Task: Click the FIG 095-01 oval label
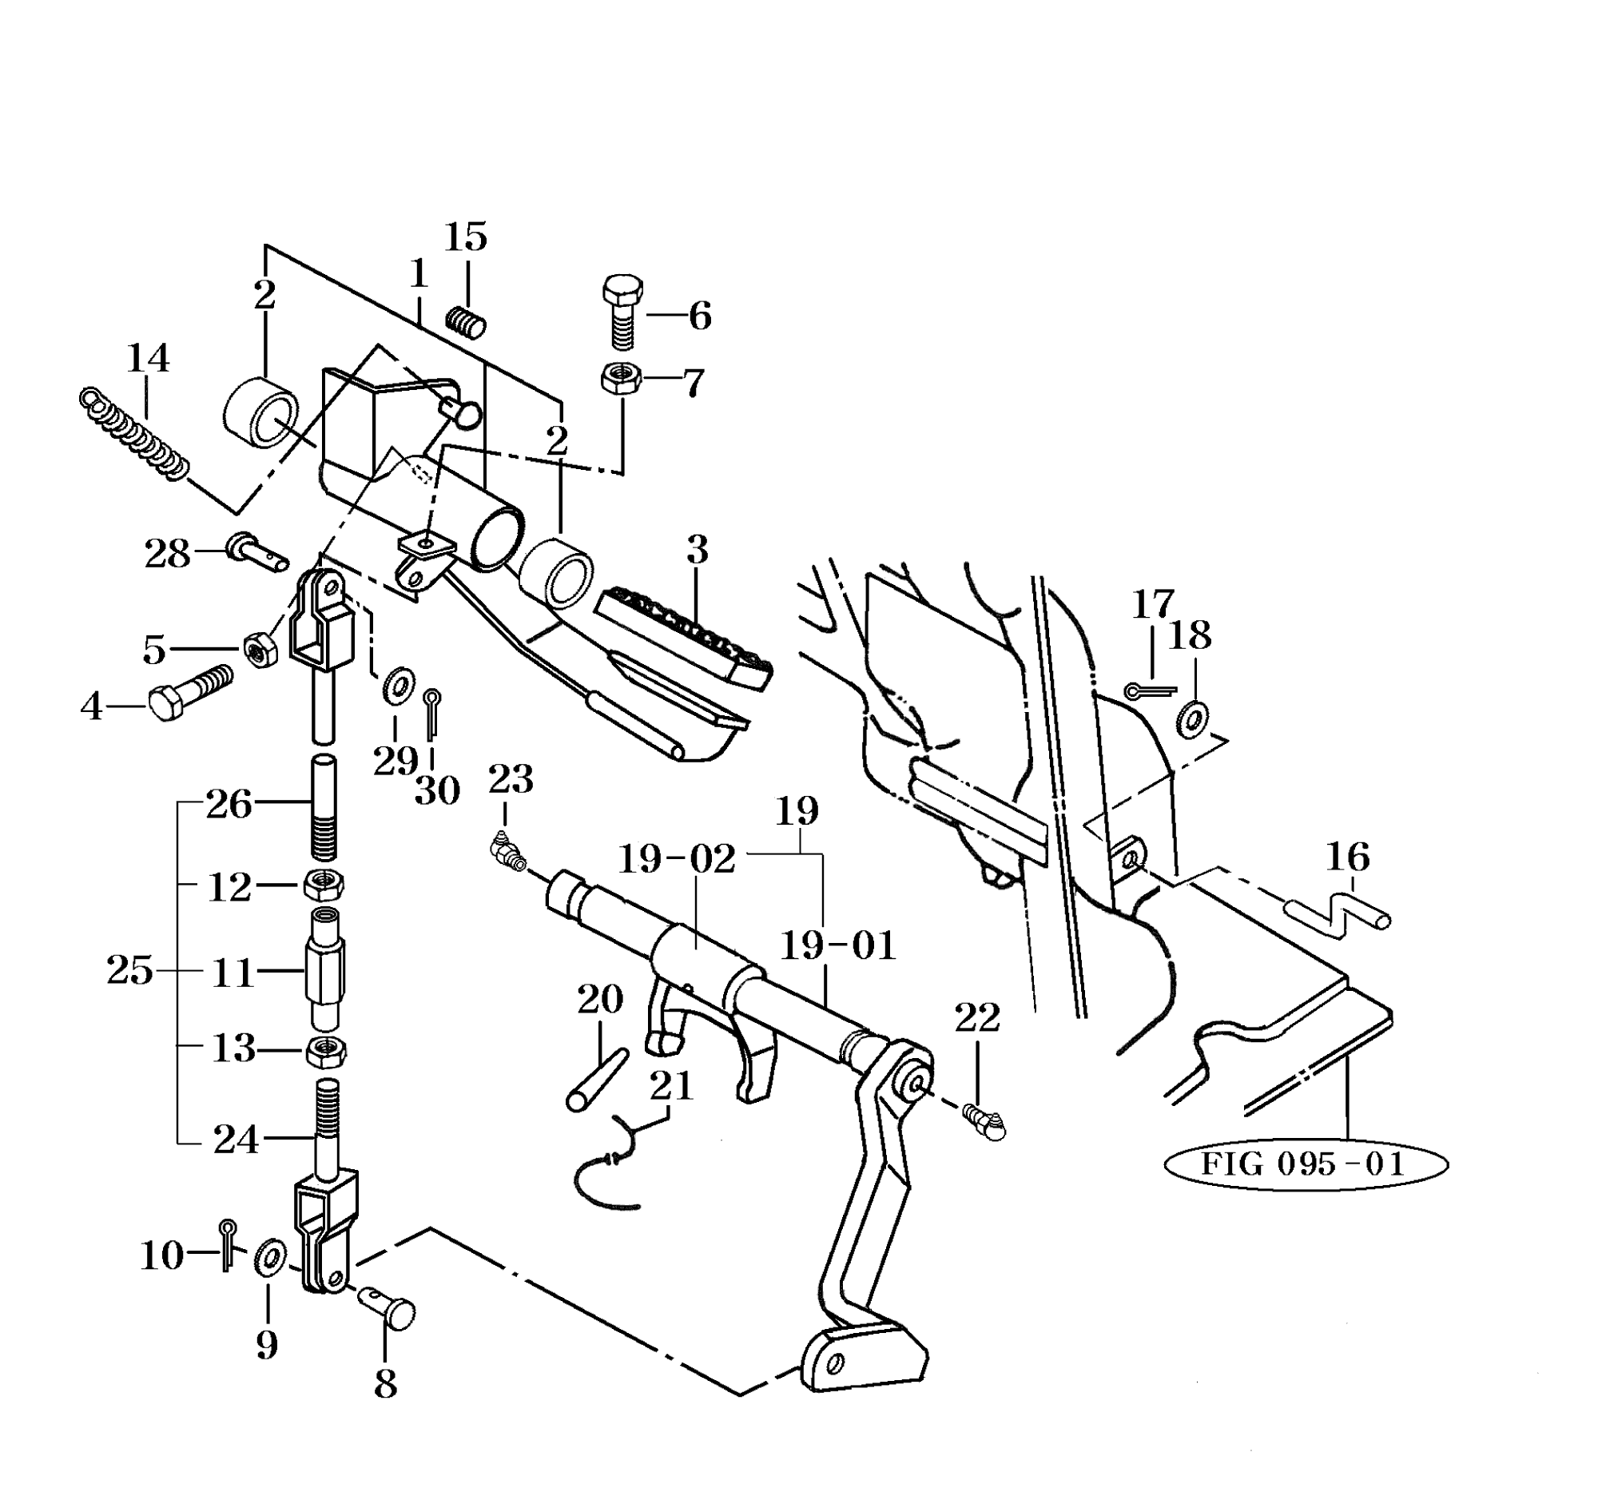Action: (1305, 1164)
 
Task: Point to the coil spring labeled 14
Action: (135, 433)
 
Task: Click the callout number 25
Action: (129, 970)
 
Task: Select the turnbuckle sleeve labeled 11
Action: (324, 968)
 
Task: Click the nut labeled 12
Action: (324, 885)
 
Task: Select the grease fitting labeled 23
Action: (507, 853)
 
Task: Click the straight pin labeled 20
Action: (597, 1080)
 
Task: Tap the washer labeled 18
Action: (1191, 718)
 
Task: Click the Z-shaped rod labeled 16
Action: (1339, 915)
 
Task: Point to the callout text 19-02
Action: (676, 858)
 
